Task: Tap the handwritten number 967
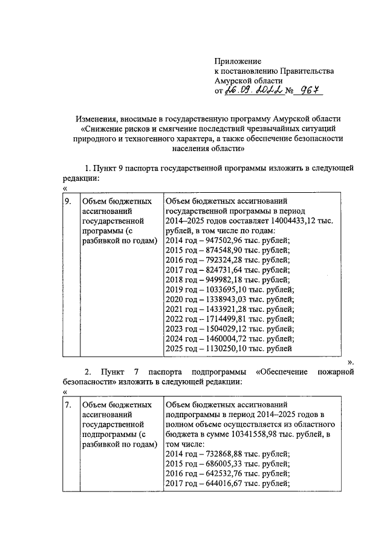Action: [307, 91]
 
